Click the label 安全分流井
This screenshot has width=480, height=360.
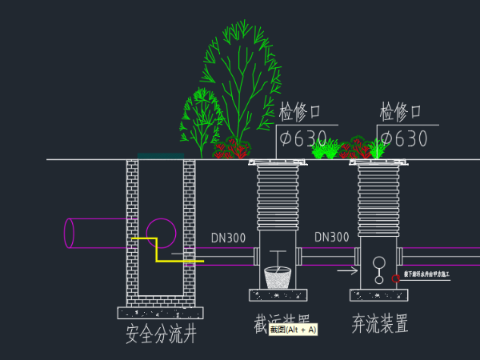(161, 334)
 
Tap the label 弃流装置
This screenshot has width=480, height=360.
(380, 325)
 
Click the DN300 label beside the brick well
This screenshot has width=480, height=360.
(229, 238)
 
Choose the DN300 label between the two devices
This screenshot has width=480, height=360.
(331, 238)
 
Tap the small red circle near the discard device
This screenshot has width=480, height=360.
(395, 278)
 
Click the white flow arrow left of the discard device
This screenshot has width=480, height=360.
(346, 270)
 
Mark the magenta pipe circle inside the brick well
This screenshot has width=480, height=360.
(161, 233)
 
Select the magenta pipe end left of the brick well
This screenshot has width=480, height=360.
(70, 233)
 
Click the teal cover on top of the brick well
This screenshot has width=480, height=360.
(160, 156)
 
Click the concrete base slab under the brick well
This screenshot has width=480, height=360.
(160, 312)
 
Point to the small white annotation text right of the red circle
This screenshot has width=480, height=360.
(427, 274)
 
